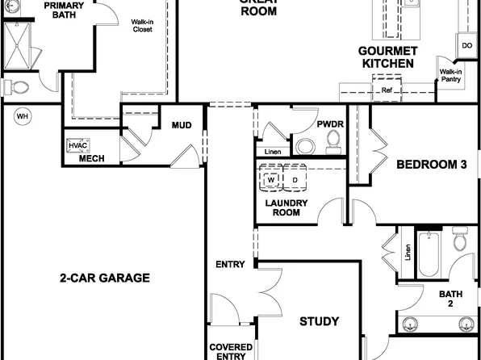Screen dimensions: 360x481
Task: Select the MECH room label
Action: (x=90, y=158)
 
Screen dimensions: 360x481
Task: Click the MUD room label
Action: (x=181, y=125)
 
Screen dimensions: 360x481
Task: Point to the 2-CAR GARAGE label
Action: (x=105, y=278)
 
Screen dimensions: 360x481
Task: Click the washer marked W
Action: (x=272, y=178)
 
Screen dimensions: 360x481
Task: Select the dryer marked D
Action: (x=295, y=178)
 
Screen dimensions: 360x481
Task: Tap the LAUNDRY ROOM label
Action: (x=282, y=207)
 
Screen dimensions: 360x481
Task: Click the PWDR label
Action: (x=330, y=124)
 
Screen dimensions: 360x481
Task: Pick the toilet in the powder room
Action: (x=333, y=143)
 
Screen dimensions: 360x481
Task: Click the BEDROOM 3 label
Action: (x=432, y=165)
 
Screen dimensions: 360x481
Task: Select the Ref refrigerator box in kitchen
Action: (x=386, y=90)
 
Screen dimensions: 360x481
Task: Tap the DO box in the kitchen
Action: (x=466, y=45)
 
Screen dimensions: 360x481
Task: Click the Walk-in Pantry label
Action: (x=450, y=76)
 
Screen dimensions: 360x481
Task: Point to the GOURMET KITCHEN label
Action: (x=387, y=57)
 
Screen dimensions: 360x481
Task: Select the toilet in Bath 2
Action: (x=460, y=240)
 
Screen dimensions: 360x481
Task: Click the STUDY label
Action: (x=319, y=321)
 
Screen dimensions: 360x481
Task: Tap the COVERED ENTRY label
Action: (x=230, y=351)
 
